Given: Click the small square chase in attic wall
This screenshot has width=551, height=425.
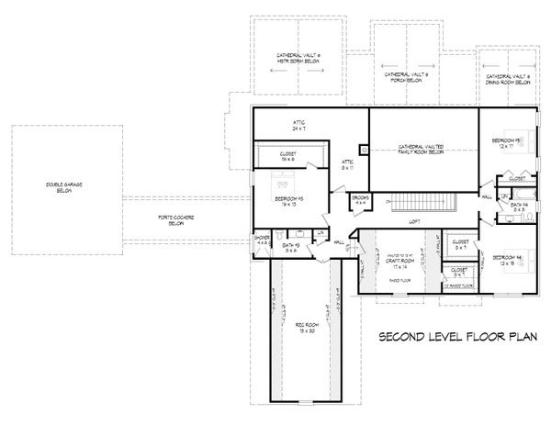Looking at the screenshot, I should tap(365, 147).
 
